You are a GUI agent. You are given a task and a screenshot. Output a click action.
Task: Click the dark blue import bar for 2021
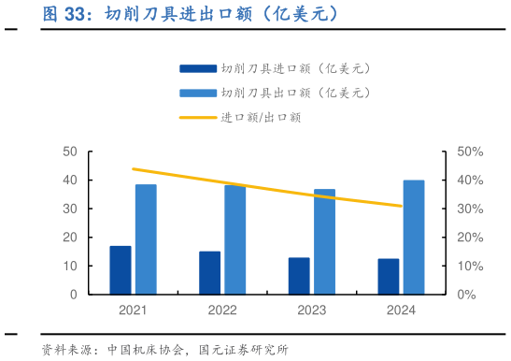pos(120,270)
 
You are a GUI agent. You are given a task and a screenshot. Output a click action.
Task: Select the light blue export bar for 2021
pos(146,239)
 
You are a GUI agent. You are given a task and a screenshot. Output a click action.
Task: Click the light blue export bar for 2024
pos(414,238)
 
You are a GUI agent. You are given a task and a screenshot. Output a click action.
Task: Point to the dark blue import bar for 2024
pos(388,276)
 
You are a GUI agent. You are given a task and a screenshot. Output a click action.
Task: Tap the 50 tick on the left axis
pos(69,152)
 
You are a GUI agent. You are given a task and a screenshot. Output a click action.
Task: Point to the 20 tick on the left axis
pos(69,238)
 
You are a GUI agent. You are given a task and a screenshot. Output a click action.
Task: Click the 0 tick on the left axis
pos(73,295)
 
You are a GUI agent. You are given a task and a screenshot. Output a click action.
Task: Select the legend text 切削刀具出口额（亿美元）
pos(296,93)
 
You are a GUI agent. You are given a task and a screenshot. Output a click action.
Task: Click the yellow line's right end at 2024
pos(402,206)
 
